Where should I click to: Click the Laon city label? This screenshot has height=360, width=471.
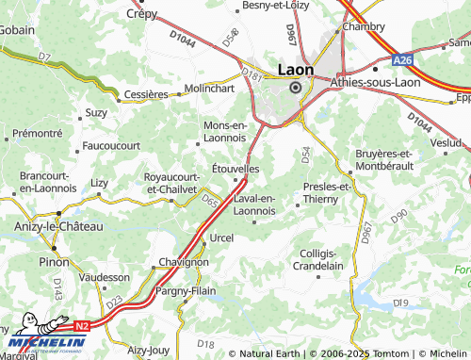[x=295, y=69]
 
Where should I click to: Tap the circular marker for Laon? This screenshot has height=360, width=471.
[x=295, y=87]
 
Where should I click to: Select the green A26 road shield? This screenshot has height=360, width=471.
[x=403, y=59]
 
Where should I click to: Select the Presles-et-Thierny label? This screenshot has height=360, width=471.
[x=324, y=193]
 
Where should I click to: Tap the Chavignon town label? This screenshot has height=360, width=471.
[x=183, y=262]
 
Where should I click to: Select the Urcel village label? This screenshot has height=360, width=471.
[x=220, y=237]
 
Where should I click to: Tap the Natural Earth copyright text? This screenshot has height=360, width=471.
[x=273, y=353]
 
